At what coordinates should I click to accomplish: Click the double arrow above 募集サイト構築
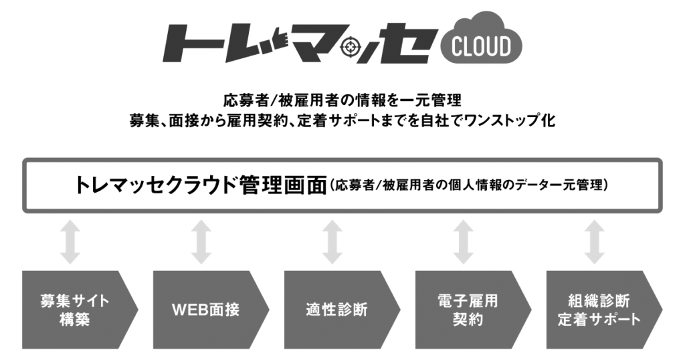[70, 242]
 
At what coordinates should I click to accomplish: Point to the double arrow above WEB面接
[201, 242]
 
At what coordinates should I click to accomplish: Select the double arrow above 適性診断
[332, 242]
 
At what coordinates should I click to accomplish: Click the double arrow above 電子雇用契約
[463, 242]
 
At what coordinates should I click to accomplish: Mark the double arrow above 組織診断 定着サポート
[594, 242]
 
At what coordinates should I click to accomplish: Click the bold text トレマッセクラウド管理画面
[201, 185]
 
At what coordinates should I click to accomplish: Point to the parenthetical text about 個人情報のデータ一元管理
[468, 185]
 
